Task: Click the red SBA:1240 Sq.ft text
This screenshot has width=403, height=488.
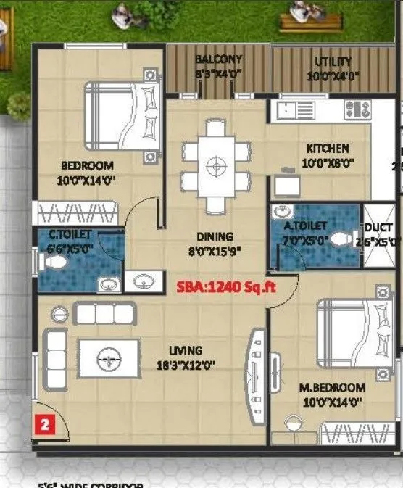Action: point(228,286)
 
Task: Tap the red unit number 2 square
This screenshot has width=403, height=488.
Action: point(44,426)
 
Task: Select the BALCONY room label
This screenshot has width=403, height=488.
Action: point(218,59)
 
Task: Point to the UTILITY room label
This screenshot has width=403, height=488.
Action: point(333,62)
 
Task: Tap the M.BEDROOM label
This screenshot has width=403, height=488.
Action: point(331,387)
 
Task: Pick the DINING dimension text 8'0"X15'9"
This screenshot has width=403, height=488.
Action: point(215,252)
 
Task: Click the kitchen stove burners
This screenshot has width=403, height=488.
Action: point(357,109)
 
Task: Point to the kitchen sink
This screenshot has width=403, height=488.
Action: point(288,111)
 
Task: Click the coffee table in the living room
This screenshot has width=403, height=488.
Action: point(109,357)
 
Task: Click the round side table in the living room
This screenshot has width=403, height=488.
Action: point(59,314)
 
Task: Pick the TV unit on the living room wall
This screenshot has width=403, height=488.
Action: point(256,377)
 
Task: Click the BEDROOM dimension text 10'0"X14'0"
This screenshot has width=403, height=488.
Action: point(88,179)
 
